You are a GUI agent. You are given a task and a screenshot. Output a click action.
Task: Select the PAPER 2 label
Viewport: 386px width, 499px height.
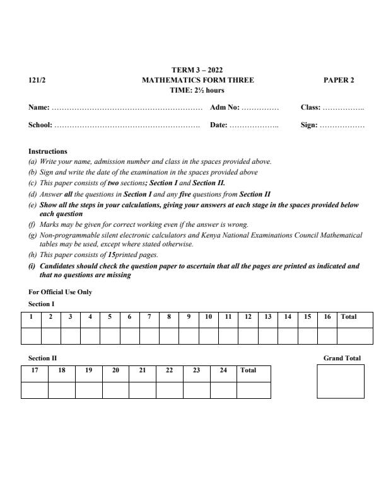(x=339, y=80)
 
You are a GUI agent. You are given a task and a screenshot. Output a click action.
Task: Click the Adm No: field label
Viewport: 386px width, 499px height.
(x=225, y=108)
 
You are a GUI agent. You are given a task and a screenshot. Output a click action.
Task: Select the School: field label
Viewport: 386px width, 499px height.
(x=40, y=125)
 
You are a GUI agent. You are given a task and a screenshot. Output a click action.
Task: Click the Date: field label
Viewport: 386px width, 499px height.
(x=218, y=125)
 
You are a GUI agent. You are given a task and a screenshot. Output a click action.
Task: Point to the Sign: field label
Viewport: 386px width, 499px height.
(x=309, y=125)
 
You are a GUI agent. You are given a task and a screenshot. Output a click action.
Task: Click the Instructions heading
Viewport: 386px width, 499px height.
(x=48, y=151)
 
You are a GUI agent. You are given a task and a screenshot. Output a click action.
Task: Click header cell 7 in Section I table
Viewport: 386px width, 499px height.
(x=149, y=317)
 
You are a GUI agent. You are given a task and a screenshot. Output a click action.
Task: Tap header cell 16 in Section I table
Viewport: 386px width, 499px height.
(x=327, y=317)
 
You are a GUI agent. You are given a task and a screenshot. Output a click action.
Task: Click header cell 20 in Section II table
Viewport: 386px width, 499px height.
(x=115, y=370)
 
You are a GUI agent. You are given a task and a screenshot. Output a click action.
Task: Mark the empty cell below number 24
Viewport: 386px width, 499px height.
(x=223, y=390)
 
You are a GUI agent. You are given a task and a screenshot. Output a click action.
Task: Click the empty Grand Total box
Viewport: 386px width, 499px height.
(x=341, y=381)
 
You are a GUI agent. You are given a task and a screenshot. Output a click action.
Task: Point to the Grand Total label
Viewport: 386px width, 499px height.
(x=342, y=358)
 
